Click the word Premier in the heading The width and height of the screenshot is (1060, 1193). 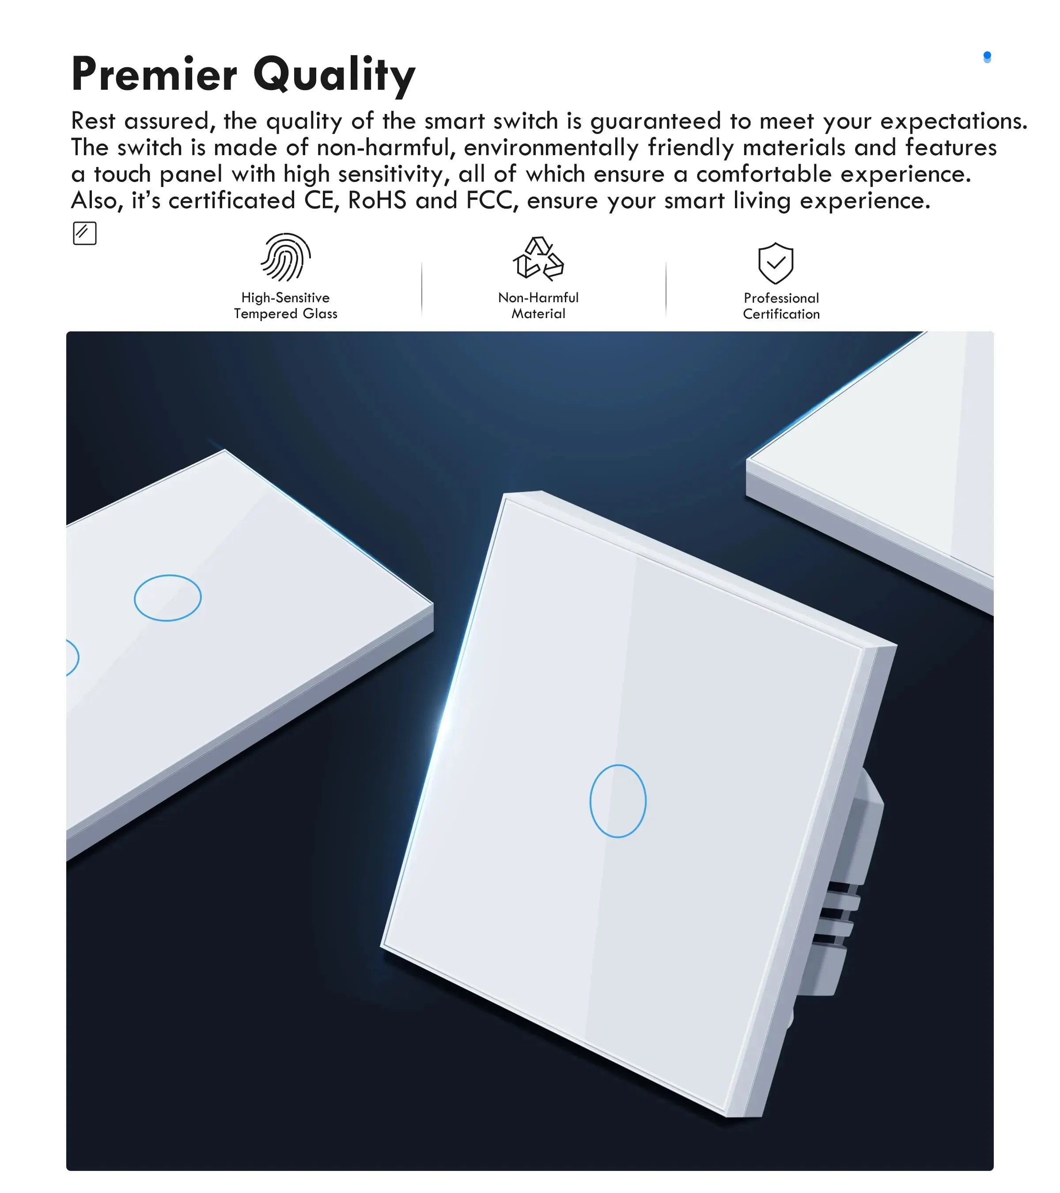[x=154, y=74]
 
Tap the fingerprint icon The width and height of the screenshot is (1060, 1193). [x=286, y=258]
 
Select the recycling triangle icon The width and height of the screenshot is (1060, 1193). [x=538, y=258]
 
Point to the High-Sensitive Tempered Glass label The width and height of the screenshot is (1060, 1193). [x=286, y=306]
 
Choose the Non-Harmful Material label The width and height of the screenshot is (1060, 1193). [x=538, y=306]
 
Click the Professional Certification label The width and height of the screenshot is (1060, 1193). [x=781, y=306]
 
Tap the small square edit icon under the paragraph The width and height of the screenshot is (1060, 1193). [x=85, y=233]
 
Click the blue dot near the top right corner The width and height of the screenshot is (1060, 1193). [x=987, y=57]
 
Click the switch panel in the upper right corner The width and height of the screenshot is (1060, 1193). [x=875, y=461]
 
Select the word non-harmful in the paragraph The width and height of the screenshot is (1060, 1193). [x=386, y=148]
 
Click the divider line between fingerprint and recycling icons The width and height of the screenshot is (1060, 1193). [x=422, y=289]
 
